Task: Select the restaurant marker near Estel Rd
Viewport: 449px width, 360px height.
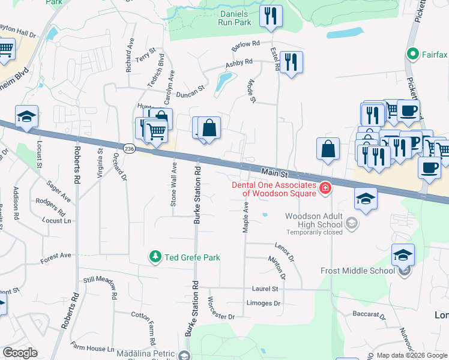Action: pyautogui.click(x=291, y=62)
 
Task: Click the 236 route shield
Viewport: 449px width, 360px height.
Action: pyautogui.click(x=129, y=148)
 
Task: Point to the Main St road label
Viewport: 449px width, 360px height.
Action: pyautogui.click(x=276, y=173)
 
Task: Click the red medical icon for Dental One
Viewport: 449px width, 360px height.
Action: pyautogui.click(x=325, y=188)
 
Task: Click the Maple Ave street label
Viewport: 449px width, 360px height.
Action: pyautogui.click(x=246, y=217)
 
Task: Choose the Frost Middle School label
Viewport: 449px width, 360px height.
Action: pyautogui.click(x=361, y=271)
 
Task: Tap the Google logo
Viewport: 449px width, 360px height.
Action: pyautogui.click(x=20, y=353)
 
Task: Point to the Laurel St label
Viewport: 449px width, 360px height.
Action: pyautogui.click(x=265, y=289)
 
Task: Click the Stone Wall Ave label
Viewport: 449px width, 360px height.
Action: pyautogui.click(x=173, y=184)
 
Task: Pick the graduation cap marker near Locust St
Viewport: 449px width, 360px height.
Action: pyautogui.click(x=26, y=118)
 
